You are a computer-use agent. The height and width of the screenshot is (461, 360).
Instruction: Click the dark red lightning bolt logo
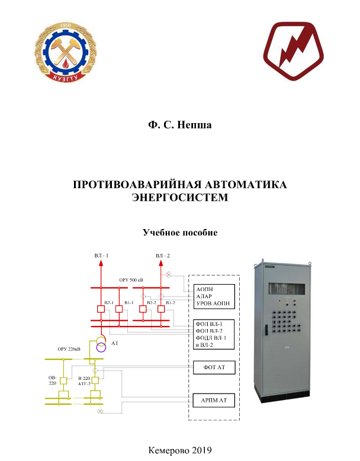click(293, 51)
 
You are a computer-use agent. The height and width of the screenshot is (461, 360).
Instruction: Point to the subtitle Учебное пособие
click(179, 233)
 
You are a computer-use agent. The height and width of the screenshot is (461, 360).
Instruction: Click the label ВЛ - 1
click(101, 256)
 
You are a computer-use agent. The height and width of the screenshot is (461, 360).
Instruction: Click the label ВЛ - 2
click(162, 256)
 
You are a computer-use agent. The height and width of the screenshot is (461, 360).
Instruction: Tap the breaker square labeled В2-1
click(101, 308)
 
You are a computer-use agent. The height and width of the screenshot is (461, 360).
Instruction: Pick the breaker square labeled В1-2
click(161, 308)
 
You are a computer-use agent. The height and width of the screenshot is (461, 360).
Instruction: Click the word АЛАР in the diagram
click(204, 296)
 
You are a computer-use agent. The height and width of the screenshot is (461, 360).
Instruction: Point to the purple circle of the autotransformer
click(101, 347)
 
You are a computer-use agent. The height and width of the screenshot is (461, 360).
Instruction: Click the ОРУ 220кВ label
click(69, 350)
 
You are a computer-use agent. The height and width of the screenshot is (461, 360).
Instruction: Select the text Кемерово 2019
click(180, 450)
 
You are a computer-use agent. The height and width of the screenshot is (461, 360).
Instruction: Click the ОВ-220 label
click(53, 379)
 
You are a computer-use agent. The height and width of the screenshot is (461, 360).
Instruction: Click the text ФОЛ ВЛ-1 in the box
click(209, 324)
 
